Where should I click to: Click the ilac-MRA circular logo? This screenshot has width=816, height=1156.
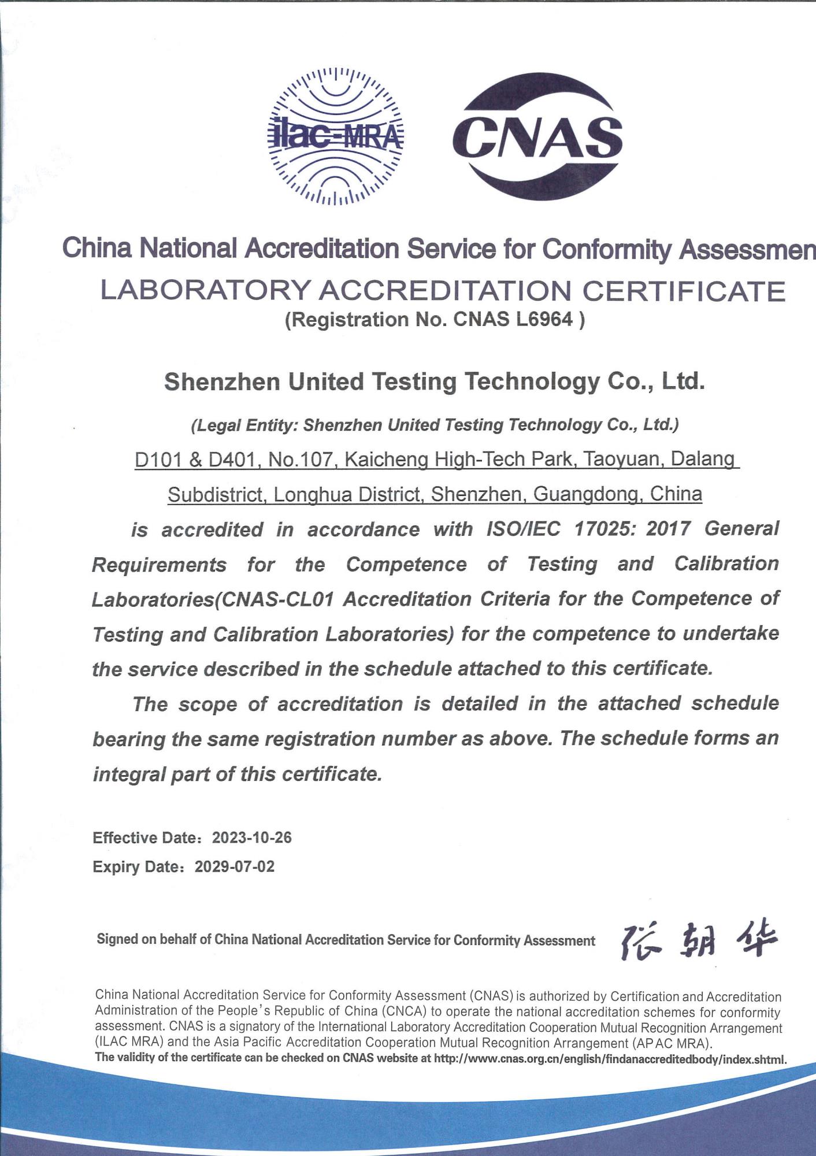[x=337, y=137]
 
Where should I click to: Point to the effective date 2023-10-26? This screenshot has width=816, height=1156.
[x=252, y=838]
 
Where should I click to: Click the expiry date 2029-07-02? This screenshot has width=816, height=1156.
[x=235, y=866]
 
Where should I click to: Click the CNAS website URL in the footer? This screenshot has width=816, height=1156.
[x=610, y=1059]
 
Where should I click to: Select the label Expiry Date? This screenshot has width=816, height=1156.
[x=137, y=866]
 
